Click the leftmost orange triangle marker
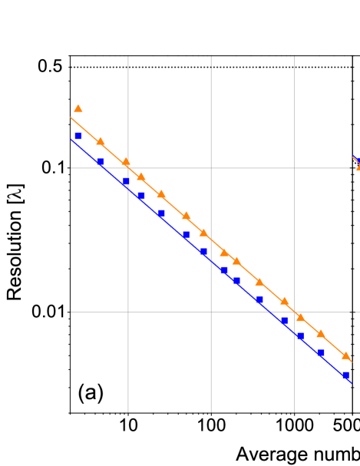pos(78,109)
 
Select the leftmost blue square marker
pos(78,136)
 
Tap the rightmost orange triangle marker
pos(345,355)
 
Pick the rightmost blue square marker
pos(345,375)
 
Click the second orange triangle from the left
pos(101,141)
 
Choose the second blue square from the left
pos(101,163)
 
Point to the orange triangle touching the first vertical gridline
pos(126,162)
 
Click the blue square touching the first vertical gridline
pos(126,183)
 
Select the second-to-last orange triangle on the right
pos(321,333)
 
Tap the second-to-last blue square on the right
pos(321,353)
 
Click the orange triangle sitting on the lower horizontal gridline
pos(300,316)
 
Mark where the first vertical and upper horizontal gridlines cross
pos(128,168)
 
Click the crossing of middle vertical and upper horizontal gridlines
pos(211,168)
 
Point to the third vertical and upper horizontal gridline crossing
pos(294,168)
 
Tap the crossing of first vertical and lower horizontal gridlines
pos(128,312)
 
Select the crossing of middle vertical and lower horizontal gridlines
pos(211,312)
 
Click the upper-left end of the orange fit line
pos(71,117)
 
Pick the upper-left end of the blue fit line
pos(71,139)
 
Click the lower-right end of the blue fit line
pos(351,382)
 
